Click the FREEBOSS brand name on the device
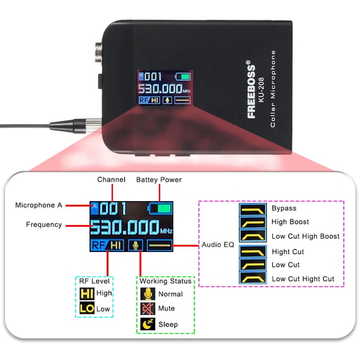(251, 89)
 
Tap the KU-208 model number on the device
(262, 89)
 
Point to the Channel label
(111, 179)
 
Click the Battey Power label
(159, 180)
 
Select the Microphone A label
(38, 205)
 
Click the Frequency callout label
(44, 224)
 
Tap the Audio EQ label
(218, 245)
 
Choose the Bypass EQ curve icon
(253, 209)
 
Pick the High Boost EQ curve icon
(253, 223)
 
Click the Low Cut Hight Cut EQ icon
(253, 278)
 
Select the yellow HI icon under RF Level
(87, 293)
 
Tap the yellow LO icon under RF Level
(87, 308)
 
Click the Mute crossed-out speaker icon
(148, 308)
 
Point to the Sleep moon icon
(148, 324)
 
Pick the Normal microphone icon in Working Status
(148, 293)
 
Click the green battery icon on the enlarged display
(160, 209)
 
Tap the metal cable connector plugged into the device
(76, 126)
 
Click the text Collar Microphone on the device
(273, 89)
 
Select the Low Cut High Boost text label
(305, 236)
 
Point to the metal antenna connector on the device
(99, 52)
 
